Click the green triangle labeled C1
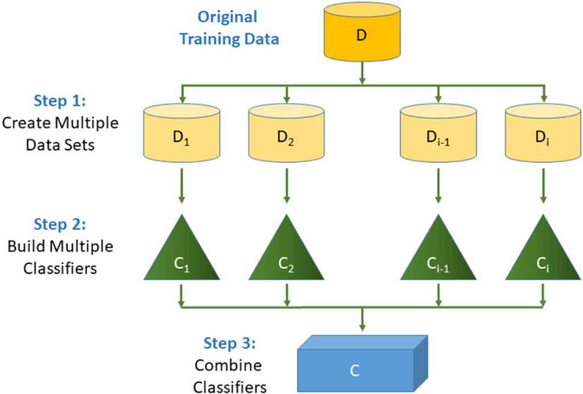[x=181, y=254]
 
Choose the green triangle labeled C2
[x=286, y=254]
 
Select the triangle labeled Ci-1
[x=437, y=254]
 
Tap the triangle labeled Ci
[x=543, y=254]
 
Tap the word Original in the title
[x=227, y=17]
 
